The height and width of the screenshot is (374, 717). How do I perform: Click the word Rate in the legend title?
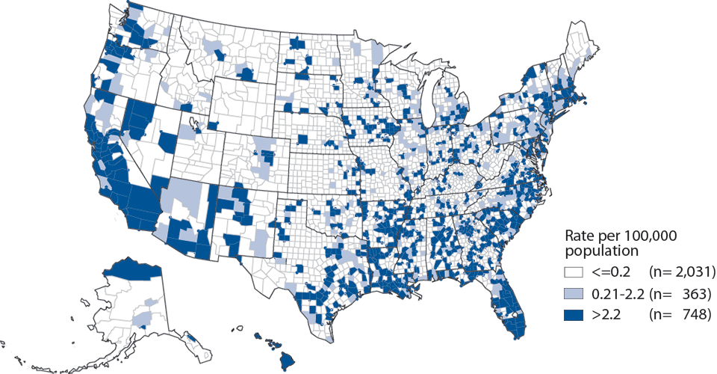click(580, 236)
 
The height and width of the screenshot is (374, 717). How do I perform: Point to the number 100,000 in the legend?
click(648, 236)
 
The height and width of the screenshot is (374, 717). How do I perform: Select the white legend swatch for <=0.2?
click(574, 270)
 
